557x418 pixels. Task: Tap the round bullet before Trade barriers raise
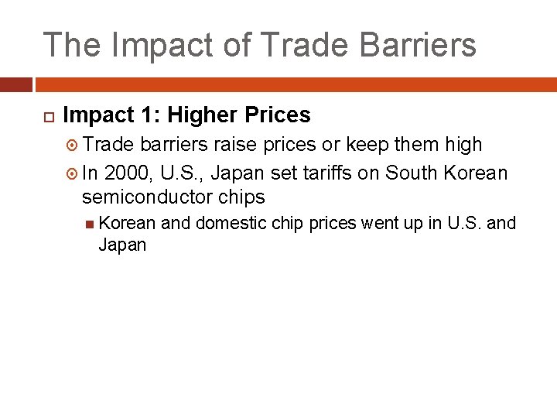[x=73, y=145]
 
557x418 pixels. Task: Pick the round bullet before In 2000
[x=73, y=173]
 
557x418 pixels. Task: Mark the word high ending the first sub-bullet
[x=464, y=144]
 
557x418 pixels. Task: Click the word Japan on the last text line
[x=122, y=245]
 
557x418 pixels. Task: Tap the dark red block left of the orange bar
[x=15, y=84]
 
